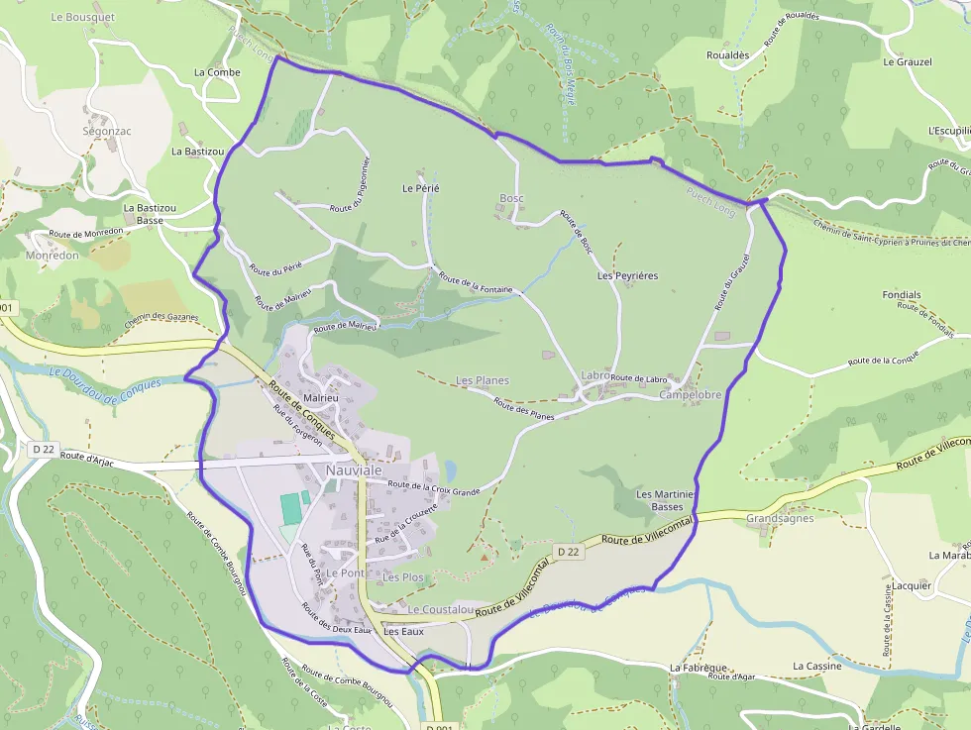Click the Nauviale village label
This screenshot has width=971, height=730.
point(354,471)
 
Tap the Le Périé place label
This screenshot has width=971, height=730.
point(420,187)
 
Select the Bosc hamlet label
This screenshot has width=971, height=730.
point(511,198)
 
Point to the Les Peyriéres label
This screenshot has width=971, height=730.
point(627,275)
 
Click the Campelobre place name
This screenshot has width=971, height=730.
point(690,394)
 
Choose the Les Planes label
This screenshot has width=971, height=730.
point(482,380)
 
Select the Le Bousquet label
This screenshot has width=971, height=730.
point(82,17)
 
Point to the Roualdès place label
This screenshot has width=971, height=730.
point(727,55)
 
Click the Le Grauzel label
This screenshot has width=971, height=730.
point(907,61)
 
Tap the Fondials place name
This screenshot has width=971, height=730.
point(901,295)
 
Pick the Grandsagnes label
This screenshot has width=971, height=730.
point(780,518)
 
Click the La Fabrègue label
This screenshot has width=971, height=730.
point(700,668)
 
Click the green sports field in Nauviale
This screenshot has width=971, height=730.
point(291,509)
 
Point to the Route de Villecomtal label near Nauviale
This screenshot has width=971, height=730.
point(644,532)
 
